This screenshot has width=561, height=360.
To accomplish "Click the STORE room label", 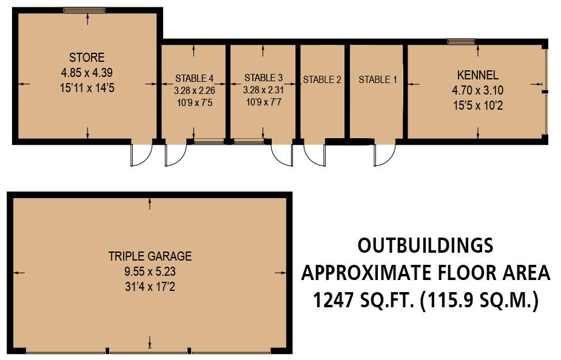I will point(87,58).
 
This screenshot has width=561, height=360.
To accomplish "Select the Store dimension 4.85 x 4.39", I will point(87,72).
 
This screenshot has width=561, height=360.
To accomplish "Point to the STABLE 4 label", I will point(194,78).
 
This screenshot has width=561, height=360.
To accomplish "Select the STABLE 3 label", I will point(263,78).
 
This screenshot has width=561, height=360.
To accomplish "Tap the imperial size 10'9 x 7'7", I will point(263,102).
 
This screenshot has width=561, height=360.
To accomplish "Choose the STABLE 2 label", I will point(322,79).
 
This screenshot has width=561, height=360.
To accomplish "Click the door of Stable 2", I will point(315,154).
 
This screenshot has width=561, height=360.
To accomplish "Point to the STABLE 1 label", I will point(378,79).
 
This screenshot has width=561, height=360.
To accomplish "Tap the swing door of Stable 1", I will point(383,155).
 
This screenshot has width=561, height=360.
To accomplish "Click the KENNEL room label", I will point(477,76).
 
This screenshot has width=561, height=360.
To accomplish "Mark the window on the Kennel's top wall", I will point(461,42).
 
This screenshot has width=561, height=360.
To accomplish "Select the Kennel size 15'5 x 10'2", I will point(477,105).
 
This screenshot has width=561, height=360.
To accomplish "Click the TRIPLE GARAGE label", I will point(150,256).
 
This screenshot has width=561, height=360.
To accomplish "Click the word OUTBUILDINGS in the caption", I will point(425,245).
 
